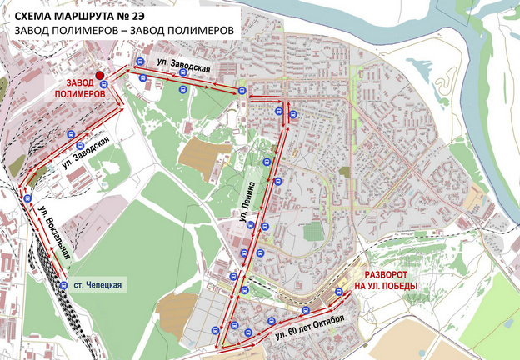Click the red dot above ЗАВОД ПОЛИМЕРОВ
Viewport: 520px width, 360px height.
(99, 74)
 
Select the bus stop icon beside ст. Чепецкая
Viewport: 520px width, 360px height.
(64, 286)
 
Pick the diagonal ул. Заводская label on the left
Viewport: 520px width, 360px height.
(87, 153)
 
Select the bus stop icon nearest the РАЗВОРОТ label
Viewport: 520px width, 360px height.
(340, 292)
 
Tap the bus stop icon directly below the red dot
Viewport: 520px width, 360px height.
(103, 84)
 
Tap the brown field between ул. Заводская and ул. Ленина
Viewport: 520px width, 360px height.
(196, 152)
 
